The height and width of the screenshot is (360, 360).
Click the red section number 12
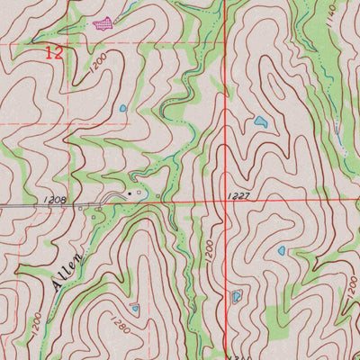(55, 53)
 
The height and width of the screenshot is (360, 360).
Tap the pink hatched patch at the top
(103, 22)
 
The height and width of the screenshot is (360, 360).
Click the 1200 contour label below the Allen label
(34, 319)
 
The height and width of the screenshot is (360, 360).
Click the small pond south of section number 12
(122, 109)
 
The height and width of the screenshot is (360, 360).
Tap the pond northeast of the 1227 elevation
(260, 121)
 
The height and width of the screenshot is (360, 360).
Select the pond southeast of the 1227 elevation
(282, 251)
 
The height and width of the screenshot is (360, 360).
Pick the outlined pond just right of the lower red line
(237, 296)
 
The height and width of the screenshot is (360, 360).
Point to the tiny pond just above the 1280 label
(135, 308)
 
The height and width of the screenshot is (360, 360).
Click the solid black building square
(129, 193)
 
